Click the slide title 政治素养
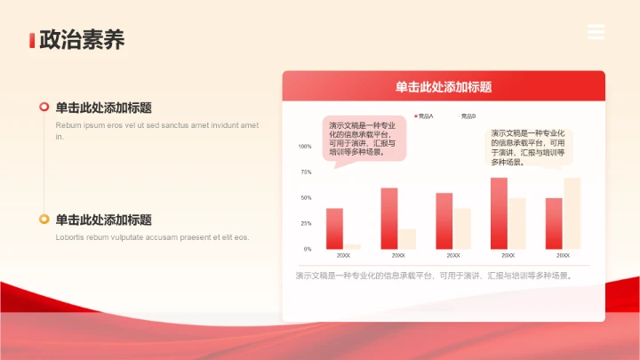[76, 40]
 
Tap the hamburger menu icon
[596, 32]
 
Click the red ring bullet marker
[44, 108]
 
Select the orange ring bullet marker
[44, 220]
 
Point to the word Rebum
[68, 125]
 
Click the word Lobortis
[71, 237]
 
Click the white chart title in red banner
[444, 87]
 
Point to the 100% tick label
[305, 147]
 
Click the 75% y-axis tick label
[306, 172]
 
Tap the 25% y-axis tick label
[306, 223]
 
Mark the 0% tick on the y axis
[308, 249]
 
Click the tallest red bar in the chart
[499, 213]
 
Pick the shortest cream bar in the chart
[352, 246]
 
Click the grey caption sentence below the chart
[433, 276]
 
